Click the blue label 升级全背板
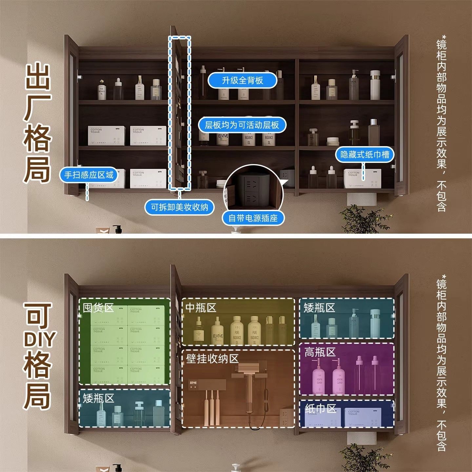click(243, 80)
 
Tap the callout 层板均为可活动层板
click(242, 125)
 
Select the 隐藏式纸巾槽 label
click(364, 154)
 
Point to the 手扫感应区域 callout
click(88, 175)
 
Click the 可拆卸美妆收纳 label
click(179, 207)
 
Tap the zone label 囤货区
click(98, 308)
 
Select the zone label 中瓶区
click(201, 308)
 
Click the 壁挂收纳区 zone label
click(212, 359)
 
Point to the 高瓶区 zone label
click(320, 352)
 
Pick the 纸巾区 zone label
click(321, 408)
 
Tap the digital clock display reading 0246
click(193, 383)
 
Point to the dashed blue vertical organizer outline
click(180, 113)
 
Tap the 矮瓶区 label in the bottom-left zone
click(98, 399)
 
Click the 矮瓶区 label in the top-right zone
click(319, 308)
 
